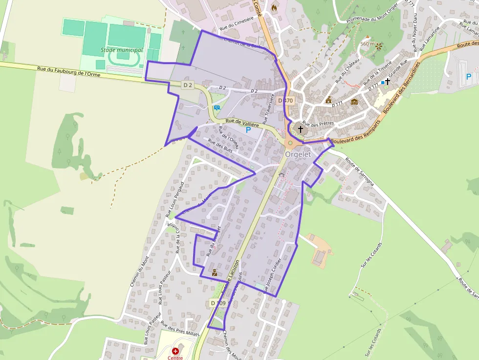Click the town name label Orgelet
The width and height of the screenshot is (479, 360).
[298, 154]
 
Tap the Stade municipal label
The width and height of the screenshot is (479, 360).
[122, 50]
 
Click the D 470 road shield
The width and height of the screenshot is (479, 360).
[285, 101]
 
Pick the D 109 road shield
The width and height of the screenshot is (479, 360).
[218, 303]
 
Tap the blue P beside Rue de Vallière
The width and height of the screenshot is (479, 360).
[248, 130]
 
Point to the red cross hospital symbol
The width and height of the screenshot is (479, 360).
[175, 351]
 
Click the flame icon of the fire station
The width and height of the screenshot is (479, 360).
[274, 8]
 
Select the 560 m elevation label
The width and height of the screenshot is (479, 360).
[367, 44]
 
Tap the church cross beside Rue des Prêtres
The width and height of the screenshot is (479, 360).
[301, 129]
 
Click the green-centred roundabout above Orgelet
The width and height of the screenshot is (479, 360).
[290, 143]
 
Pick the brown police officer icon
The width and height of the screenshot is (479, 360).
[215, 273]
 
